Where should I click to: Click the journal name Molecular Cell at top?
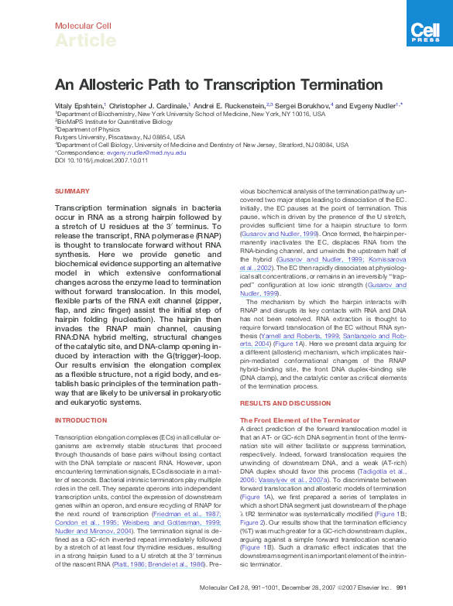pos(81,26)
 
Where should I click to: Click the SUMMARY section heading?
pos(72,190)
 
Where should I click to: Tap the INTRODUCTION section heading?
pos(81,419)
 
